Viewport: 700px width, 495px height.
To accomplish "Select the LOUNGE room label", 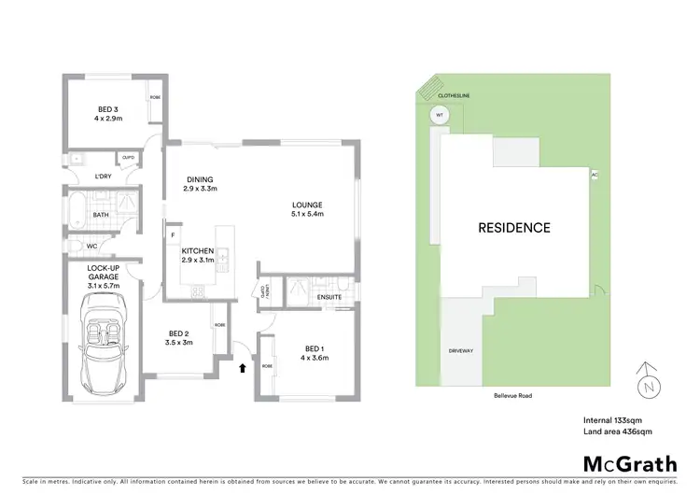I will click(307, 205).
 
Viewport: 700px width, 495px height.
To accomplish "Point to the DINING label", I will click(200, 180).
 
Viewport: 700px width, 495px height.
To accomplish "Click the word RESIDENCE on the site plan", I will click(514, 227).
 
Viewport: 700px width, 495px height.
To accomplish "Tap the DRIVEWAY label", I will click(461, 351).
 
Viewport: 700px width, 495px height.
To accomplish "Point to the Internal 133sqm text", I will click(613, 419).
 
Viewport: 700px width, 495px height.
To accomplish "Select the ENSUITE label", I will click(329, 297).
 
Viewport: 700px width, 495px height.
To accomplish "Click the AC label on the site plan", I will click(594, 175).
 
